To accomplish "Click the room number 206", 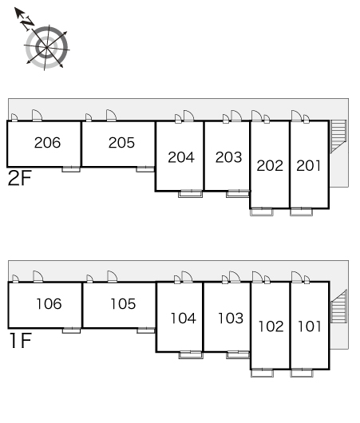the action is [x=48, y=142].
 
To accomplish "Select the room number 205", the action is [x=121, y=142].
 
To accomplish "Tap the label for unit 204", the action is [x=181, y=157].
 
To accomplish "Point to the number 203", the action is [x=228, y=157].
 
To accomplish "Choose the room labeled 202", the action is [x=270, y=166].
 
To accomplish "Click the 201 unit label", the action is [x=309, y=166].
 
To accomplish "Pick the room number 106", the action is [x=49, y=304].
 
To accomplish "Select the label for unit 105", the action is [x=124, y=304].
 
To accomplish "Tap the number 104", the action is [x=184, y=318].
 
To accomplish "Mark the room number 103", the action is [x=231, y=318].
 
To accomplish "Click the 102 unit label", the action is [x=271, y=326].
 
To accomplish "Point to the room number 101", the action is [x=310, y=326].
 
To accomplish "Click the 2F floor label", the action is [x=20, y=178].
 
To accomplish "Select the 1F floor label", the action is [x=21, y=341].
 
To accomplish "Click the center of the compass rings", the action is [x=46, y=47].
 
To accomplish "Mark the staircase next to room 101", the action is [x=339, y=306].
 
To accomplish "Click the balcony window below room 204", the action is [x=191, y=193].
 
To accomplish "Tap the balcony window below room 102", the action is [x=262, y=373].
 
